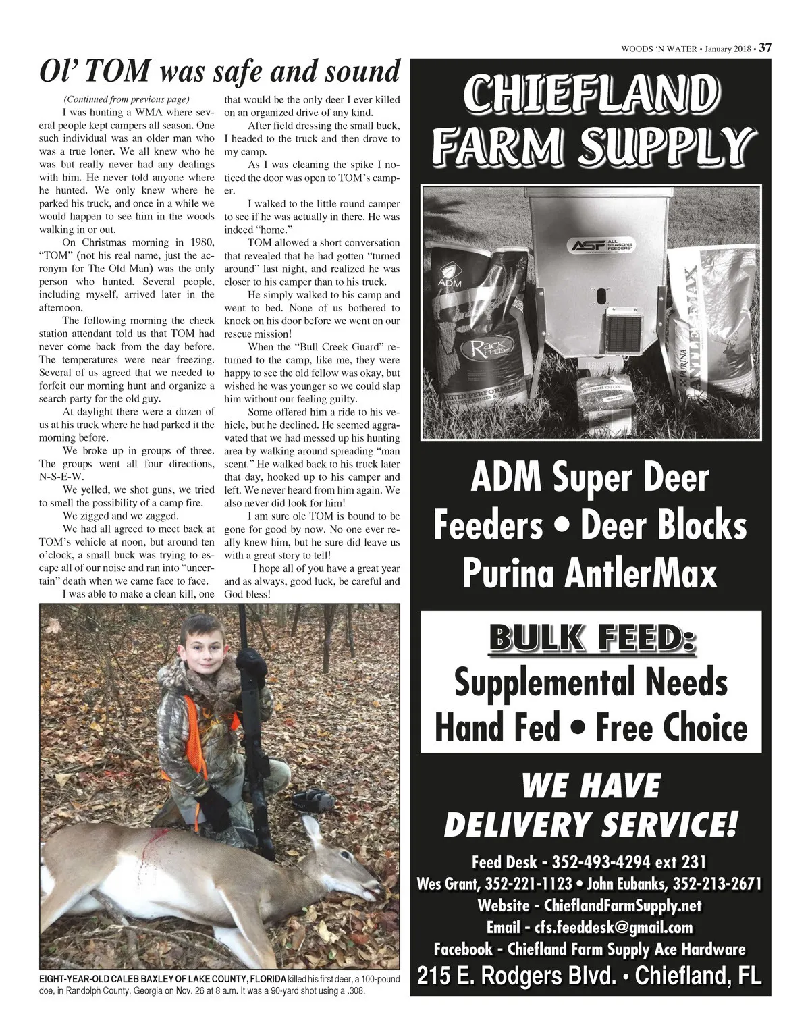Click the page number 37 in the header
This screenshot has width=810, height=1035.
pyautogui.click(x=765, y=48)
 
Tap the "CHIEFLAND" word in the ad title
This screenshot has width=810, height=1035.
pyautogui.click(x=587, y=94)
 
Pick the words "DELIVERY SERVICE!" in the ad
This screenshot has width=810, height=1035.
pyautogui.click(x=591, y=824)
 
